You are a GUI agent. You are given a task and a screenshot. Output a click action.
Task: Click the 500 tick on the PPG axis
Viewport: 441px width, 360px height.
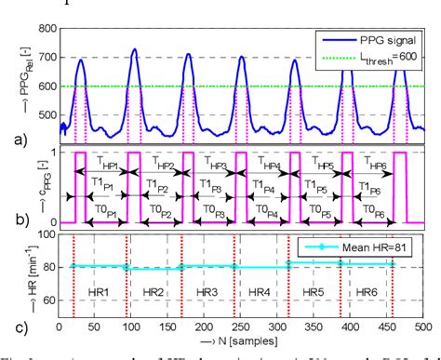[x=44, y=120]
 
